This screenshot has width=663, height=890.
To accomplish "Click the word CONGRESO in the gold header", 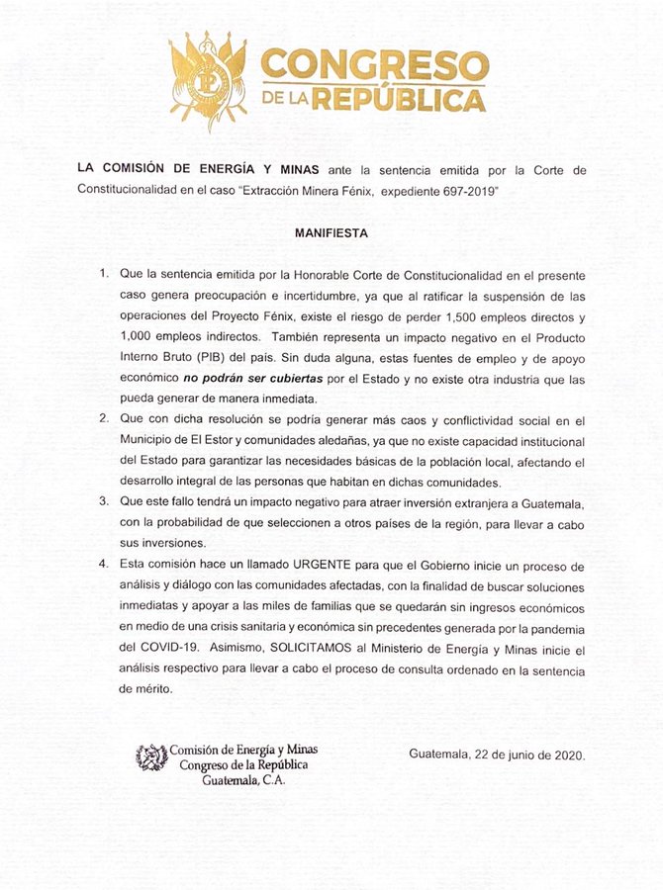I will [374, 65].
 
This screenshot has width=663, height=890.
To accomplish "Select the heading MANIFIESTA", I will [331, 235].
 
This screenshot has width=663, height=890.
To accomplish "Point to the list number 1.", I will [104, 271].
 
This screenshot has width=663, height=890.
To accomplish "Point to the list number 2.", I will [104, 420].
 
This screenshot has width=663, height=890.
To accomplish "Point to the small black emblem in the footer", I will [151, 756].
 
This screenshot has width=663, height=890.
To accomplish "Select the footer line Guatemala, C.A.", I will [239, 780].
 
